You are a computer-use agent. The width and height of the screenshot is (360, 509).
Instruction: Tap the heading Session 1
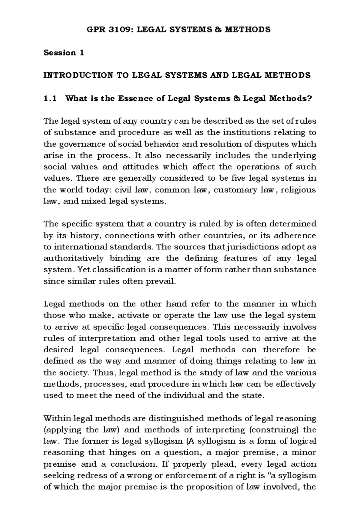point(64,53)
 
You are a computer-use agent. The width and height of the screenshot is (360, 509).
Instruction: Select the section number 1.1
point(50,98)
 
